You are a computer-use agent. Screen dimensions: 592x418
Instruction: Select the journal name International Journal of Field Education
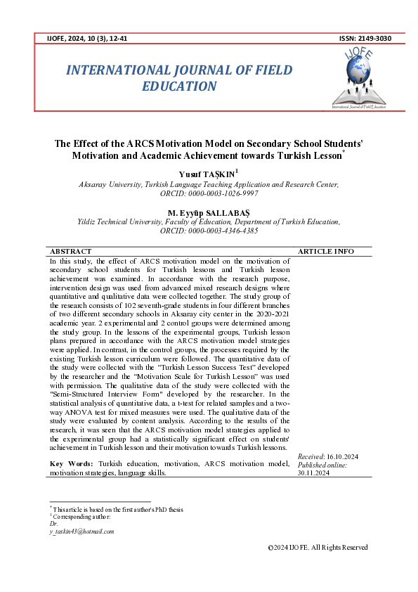click(179, 78)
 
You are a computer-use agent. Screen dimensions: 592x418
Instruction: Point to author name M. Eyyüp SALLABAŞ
click(209, 212)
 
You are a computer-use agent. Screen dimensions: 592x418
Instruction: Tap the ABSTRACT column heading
click(71, 251)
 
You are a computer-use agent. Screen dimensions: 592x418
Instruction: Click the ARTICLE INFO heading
click(326, 251)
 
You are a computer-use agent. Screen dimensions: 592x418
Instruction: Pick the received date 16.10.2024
click(343, 457)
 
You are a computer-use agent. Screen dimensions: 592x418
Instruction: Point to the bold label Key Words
click(71, 465)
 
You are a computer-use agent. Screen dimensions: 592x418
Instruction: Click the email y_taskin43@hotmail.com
click(81, 532)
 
